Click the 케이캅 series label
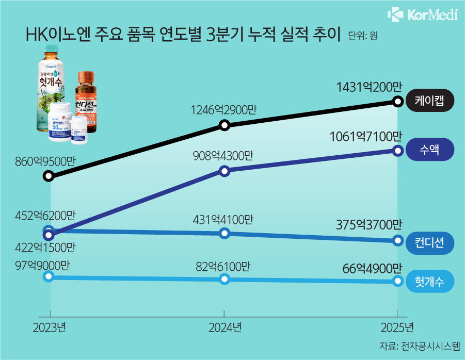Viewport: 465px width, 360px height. (430, 101)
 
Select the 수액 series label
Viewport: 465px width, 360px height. (430, 151)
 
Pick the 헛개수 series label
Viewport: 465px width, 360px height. (430, 282)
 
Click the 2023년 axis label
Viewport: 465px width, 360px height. (50, 327)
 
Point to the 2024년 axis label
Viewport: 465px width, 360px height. (225, 327)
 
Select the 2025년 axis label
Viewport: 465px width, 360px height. (396, 327)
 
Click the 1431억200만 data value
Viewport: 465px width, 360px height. (368, 88)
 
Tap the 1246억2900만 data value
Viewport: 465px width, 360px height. (224, 110)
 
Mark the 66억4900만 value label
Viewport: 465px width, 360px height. (372, 269)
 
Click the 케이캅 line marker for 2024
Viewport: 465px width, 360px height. (224, 125)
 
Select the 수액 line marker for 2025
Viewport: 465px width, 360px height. (397, 151)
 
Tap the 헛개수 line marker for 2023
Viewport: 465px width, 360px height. (49, 276)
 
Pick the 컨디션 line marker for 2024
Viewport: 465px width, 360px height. (224, 234)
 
